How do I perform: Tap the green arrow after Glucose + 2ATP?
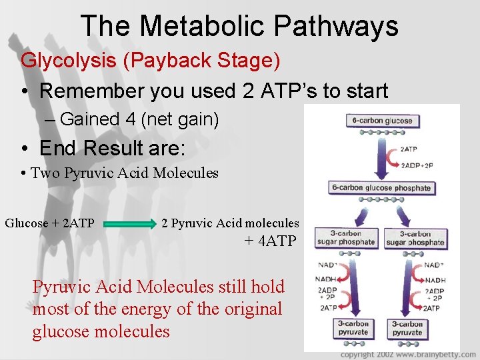pos(127,225)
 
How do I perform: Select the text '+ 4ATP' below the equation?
pos(269,241)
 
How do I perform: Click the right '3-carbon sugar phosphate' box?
pos(415,238)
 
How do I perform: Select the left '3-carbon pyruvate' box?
pos(353,328)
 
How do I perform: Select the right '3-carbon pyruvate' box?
pos(407,328)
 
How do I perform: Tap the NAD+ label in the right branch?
pos(434,265)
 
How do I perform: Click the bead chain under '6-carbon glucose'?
pos(367,132)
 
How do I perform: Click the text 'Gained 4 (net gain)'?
pos(139,119)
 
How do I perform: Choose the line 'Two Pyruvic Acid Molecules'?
pos(125,173)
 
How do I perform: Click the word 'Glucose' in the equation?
pos(27,223)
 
